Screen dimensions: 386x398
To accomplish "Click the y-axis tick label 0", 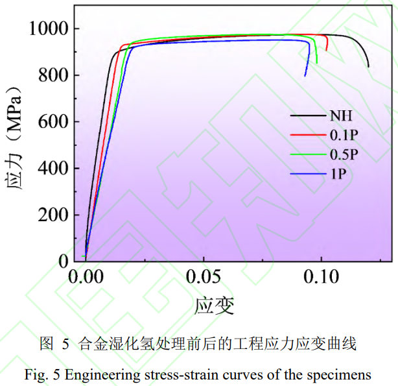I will point(64,261).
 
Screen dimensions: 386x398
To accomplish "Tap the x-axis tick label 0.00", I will point(86,278).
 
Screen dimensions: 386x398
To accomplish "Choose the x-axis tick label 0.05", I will point(204,278).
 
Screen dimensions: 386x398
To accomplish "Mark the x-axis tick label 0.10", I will point(322,278).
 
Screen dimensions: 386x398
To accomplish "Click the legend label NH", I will point(341,116).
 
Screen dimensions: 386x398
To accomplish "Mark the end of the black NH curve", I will point(368,66).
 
